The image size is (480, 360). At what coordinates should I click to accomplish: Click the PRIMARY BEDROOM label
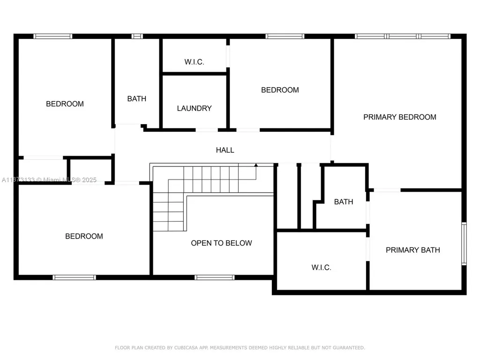tap(400, 117)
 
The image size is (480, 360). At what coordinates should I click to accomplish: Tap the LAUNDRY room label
tap(194, 108)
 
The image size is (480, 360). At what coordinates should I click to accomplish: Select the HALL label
tap(225, 150)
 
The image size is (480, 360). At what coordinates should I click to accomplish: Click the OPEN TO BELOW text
tap(221, 243)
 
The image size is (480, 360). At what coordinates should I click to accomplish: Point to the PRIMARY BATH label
tap(412, 250)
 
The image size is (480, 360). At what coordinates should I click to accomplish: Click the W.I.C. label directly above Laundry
tap(194, 62)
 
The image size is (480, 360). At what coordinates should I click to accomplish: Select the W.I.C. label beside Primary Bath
tap(321, 268)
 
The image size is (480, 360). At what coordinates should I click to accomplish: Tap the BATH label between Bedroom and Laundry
tap(136, 98)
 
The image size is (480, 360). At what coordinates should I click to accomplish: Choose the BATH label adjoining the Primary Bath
tap(343, 202)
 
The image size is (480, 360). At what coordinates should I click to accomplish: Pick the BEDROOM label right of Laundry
tap(280, 90)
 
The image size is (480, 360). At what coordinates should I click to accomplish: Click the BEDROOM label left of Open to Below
tap(84, 236)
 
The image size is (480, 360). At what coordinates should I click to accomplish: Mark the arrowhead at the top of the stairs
tap(256, 165)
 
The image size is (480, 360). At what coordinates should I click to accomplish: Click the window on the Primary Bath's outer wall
tap(464, 244)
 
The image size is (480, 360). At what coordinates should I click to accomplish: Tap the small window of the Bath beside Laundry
tap(137, 36)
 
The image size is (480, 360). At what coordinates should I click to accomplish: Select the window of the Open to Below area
tap(214, 277)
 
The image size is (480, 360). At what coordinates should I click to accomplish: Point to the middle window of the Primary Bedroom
tap(403, 36)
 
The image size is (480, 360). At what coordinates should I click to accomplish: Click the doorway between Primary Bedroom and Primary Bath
tap(387, 190)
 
